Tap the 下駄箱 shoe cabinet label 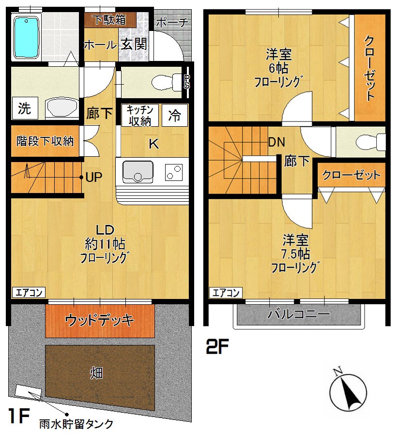[109, 20]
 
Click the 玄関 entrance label [134, 45]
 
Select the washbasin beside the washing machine [61, 107]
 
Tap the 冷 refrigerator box [175, 115]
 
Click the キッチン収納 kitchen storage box [140, 115]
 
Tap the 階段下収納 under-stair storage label [45, 141]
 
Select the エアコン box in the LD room [28, 292]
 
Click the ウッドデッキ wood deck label [99, 320]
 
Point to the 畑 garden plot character [95, 372]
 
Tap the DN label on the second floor [276, 143]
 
